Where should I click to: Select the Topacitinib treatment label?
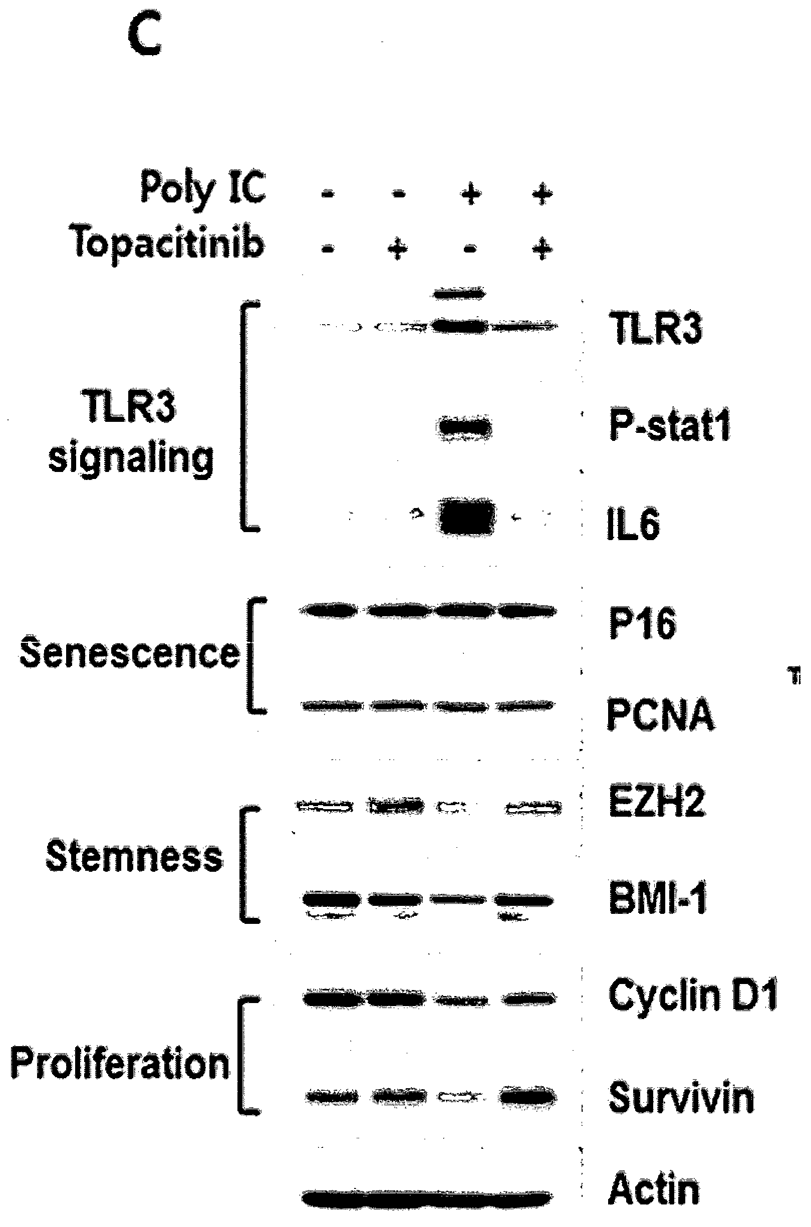(x=169, y=243)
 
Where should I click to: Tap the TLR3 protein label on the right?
(x=656, y=329)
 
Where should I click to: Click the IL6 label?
(x=634, y=525)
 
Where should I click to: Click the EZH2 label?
(x=657, y=801)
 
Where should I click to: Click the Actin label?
(x=654, y=1189)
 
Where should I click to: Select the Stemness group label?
(x=134, y=856)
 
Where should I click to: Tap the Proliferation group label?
(x=120, y=1064)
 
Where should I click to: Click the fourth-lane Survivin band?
(x=527, y=1096)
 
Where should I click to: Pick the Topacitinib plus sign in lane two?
(x=397, y=250)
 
